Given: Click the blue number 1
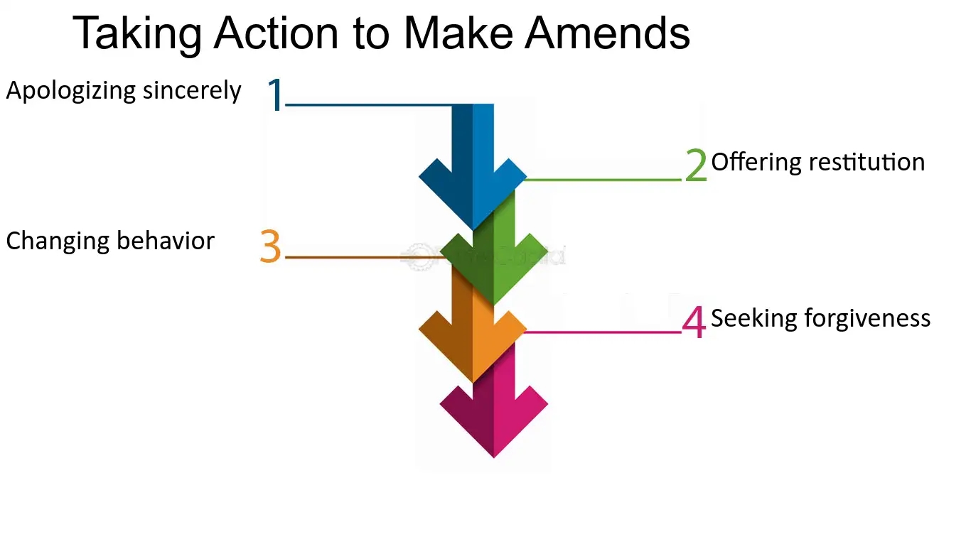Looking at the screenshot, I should [x=275, y=95].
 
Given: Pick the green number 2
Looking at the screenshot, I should [x=696, y=165].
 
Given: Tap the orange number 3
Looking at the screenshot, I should [x=271, y=247].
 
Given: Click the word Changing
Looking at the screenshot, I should [x=58, y=241].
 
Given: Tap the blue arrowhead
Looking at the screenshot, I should [x=473, y=192].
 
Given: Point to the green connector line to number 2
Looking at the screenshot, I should [x=604, y=180].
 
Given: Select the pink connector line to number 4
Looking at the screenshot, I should [x=604, y=332].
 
